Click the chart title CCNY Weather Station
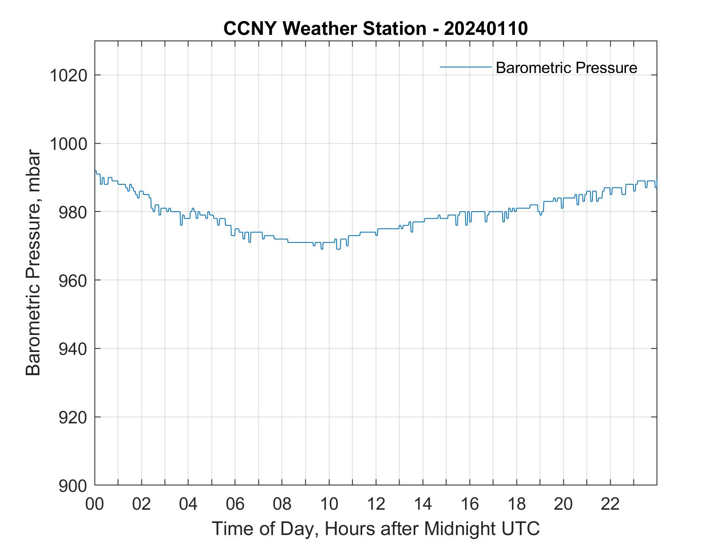click(x=324, y=29)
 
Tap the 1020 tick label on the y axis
click(x=68, y=76)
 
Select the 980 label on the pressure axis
click(x=72, y=212)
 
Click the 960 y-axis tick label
click(x=72, y=280)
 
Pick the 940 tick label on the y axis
click(x=72, y=349)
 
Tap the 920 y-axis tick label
click(x=72, y=417)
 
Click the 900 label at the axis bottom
click(x=72, y=485)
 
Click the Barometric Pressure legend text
click(x=566, y=68)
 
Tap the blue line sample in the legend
click(x=465, y=67)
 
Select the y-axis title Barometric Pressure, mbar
click(x=34, y=263)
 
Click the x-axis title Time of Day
click(x=375, y=529)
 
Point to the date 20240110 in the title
click(x=486, y=29)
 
